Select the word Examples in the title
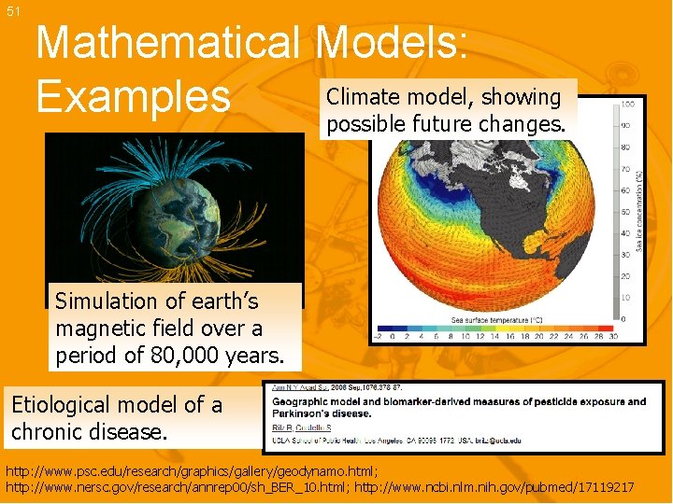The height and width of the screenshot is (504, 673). coord(132,96)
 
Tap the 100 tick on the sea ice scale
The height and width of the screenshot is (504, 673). coord(628,105)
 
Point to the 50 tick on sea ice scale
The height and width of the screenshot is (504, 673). coord(627,212)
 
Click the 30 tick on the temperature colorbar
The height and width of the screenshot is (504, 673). coord(612,336)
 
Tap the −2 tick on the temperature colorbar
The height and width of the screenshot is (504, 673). coord(379,336)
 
